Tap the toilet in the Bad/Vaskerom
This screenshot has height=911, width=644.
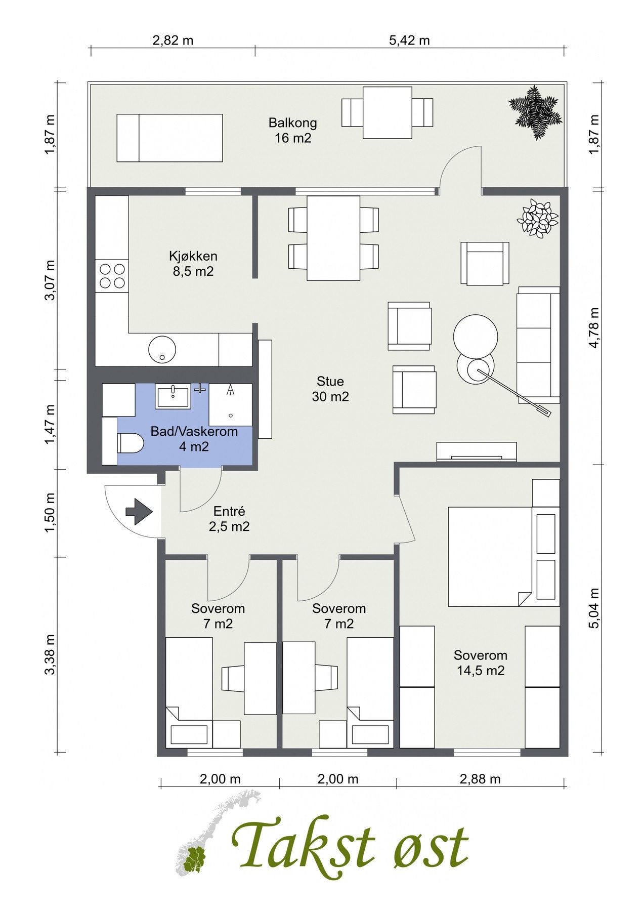(x=131, y=444)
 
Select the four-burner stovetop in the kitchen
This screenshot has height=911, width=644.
(x=112, y=276)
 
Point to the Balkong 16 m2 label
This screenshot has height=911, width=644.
(x=293, y=130)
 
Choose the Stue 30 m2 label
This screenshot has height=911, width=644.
(x=330, y=389)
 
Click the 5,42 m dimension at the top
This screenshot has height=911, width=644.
(x=410, y=40)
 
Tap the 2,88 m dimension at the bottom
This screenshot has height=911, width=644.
(x=480, y=779)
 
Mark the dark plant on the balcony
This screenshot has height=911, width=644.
(x=535, y=112)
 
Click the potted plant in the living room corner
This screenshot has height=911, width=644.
(x=537, y=218)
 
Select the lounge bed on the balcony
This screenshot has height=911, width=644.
(x=170, y=138)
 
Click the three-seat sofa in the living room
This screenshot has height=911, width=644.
(x=538, y=345)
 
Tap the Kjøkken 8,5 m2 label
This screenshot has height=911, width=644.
(x=193, y=264)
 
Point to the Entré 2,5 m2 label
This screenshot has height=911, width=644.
(x=229, y=519)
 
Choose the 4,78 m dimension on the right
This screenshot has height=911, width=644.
(x=594, y=327)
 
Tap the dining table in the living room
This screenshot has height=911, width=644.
(x=333, y=238)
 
